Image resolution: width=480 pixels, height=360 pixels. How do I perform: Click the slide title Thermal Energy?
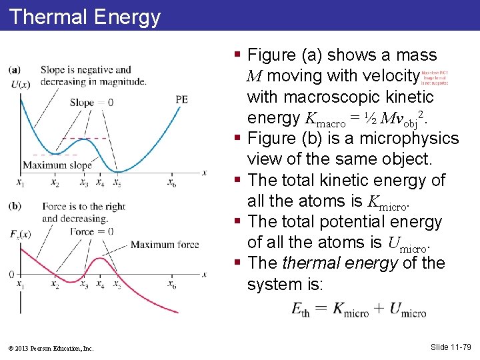pos(85,16)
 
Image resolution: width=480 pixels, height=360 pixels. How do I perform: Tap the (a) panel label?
pos(14,69)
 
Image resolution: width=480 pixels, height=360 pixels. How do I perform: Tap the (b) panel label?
pos(14,206)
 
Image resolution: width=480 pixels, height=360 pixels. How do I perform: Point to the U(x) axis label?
pos(21,84)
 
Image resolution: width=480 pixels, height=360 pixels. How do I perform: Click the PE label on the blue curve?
pos(181,99)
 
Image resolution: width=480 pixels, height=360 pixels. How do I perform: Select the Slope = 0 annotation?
pos(91,103)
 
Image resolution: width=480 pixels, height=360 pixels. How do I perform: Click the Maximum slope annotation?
pos(57,165)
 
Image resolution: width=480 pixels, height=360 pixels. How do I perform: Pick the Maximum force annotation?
pos(165,245)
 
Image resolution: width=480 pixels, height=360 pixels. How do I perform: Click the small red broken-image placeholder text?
pos(435,78)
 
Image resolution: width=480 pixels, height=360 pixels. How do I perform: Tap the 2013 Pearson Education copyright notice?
pos(51,348)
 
